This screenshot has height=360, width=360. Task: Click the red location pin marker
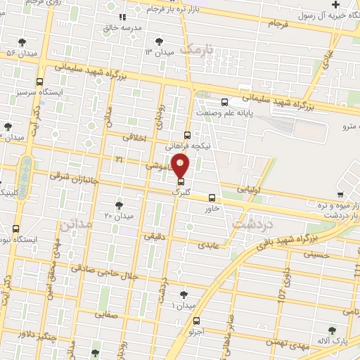[181, 165]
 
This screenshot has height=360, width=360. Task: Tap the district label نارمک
[198, 49]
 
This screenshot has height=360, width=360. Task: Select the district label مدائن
[76, 226]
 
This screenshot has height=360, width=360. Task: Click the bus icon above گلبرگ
[182, 181]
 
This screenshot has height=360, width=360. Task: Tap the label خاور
[212, 208]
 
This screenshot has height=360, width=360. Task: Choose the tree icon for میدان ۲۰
[118, 205]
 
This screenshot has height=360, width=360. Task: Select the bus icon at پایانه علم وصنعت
[224, 102]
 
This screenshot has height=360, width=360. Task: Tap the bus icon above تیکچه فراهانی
[187, 135]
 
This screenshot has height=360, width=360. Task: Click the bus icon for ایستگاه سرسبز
[39, 82]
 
